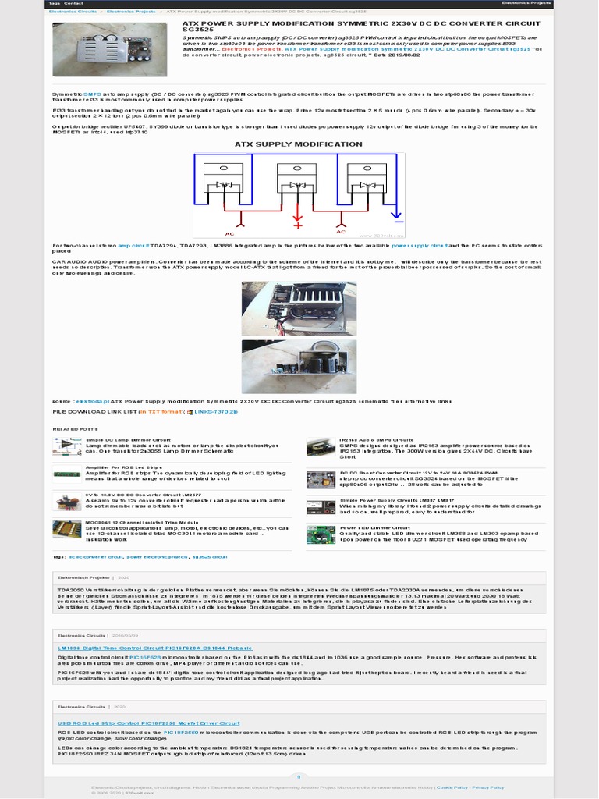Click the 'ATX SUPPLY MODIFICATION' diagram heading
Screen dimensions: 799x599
click(299, 144)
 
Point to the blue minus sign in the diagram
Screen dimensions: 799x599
click(396, 216)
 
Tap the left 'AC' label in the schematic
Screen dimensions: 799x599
click(229, 233)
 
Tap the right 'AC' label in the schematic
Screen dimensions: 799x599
click(340, 232)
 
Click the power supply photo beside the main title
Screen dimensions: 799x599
click(109, 49)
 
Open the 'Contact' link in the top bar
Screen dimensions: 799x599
click(74, 3)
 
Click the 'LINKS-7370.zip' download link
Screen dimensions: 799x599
click(216, 410)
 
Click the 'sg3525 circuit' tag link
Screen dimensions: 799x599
click(209, 557)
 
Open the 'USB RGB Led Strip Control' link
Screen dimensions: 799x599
click(149, 723)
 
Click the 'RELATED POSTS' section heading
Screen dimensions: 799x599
click(75, 429)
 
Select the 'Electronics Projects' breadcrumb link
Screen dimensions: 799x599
click(130, 12)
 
